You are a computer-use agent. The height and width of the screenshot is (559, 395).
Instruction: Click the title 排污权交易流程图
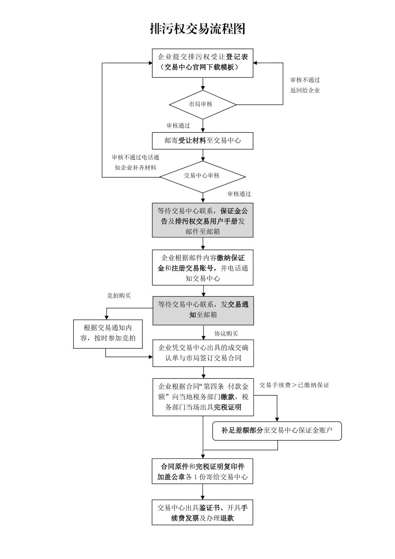coord(197,28)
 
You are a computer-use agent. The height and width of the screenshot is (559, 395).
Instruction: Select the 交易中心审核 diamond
coord(202,176)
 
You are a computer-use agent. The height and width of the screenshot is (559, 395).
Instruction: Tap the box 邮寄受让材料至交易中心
coord(203,140)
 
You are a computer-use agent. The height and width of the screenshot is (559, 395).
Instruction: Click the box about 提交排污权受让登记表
coord(203,63)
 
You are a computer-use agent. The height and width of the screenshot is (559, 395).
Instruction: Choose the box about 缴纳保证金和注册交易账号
coord(203,268)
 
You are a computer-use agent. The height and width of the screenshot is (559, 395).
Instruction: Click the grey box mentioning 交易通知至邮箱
coord(203,309)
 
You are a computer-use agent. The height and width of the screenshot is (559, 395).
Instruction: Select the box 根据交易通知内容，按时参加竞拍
coord(108,333)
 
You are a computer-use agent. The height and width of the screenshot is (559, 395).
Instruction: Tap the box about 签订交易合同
coord(203,353)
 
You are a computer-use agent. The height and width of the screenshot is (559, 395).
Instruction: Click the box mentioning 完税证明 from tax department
coord(203,397)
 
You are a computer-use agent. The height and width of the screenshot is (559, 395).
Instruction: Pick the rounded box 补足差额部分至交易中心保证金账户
coord(277,430)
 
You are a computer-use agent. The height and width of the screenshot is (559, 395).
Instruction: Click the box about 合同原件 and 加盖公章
coord(202,471)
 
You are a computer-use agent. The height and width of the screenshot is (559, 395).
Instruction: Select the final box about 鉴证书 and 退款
coord(202,513)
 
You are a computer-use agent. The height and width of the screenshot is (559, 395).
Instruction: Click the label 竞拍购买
coord(119,295)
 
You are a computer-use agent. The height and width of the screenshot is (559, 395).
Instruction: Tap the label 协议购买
coord(226,334)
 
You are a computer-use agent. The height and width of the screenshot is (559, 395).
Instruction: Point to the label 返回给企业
coord(305,90)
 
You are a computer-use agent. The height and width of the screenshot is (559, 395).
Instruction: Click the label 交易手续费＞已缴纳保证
coord(294,385)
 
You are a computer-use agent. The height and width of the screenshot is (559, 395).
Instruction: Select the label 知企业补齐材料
coord(135,168)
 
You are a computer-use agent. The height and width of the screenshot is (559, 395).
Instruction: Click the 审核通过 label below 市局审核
coord(178,125)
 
